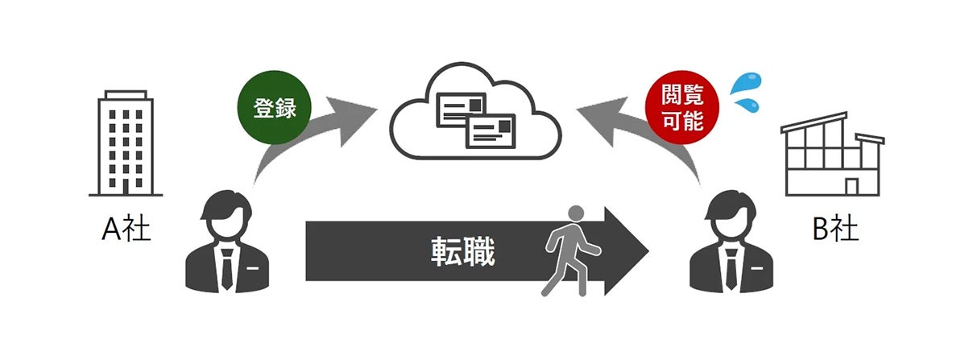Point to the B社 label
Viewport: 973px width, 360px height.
point(835,230)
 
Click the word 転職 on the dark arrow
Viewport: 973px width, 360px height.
point(461,252)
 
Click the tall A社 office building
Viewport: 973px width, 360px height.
point(126,143)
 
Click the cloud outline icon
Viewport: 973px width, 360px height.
point(475,113)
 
